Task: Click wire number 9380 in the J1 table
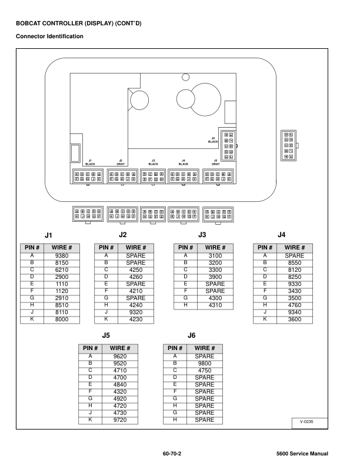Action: pos(61,256)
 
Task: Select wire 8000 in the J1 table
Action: pos(61,318)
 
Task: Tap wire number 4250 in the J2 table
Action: pos(136,269)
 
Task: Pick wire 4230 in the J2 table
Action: pos(136,318)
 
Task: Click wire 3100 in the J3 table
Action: pos(216,256)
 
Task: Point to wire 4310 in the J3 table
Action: pos(216,304)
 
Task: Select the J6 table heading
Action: pos(191,335)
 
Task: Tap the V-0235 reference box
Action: pos(305,422)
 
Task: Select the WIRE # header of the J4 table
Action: pos(296,248)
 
